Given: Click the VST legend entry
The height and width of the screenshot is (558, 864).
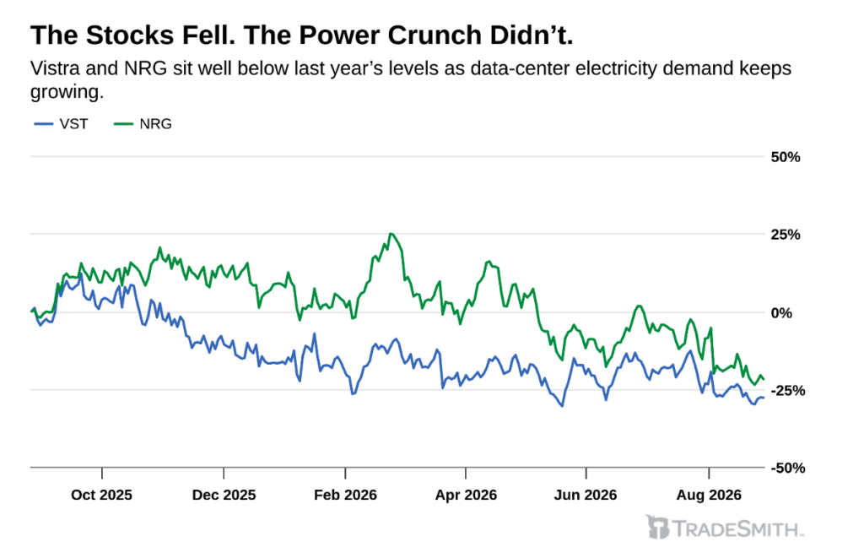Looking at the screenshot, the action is click(x=61, y=124).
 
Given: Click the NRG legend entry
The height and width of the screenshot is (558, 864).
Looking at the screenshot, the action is click(x=143, y=124).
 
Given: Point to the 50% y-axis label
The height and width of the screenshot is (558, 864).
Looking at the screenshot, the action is click(x=786, y=157).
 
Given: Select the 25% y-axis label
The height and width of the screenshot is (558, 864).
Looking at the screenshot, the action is click(x=786, y=235).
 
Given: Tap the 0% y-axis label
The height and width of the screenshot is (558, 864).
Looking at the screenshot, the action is click(x=781, y=312).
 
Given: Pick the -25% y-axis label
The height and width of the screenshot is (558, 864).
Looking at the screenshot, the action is click(x=787, y=390).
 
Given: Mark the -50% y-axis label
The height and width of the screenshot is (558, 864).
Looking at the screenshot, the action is click(x=787, y=469).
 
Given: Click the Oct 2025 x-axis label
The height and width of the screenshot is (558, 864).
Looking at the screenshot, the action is click(x=101, y=495).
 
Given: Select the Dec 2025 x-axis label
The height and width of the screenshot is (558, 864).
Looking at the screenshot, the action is click(x=224, y=495).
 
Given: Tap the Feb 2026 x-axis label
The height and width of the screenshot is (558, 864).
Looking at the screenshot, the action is click(x=345, y=495).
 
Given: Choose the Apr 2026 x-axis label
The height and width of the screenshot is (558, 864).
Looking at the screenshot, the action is click(x=466, y=495).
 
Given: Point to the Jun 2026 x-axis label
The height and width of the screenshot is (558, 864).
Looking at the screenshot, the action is click(x=586, y=495).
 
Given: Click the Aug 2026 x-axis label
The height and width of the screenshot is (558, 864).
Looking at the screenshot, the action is click(x=709, y=495).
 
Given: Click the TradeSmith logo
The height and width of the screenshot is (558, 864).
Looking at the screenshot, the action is click(x=724, y=528).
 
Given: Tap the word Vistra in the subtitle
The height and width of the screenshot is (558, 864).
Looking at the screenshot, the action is click(x=55, y=68).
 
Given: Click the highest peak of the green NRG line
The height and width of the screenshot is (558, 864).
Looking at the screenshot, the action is click(x=391, y=234).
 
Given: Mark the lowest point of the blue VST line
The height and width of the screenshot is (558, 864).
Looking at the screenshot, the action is click(x=561, y=406).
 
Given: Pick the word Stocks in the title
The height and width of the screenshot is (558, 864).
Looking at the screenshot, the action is click(x=130, y=35).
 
